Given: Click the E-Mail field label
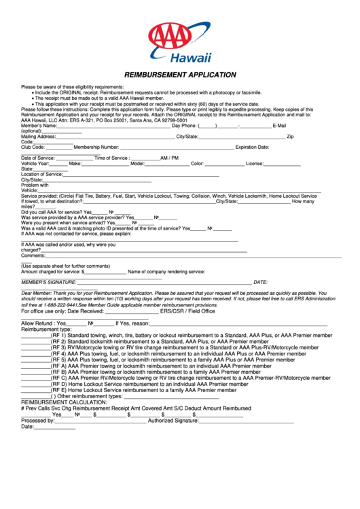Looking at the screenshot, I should pos(279,126).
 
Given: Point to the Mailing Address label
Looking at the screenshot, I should pos(38,137).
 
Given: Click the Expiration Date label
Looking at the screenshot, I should pos(252,147).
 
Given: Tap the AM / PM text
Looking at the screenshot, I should pos(170,158).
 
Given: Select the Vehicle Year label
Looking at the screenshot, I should pos(35,163).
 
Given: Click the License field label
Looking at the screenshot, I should pos(255,163).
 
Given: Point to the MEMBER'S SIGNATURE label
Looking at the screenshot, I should pos(48,281).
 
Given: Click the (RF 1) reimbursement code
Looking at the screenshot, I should pos(58,335).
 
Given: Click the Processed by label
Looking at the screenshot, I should pos(37,420).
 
